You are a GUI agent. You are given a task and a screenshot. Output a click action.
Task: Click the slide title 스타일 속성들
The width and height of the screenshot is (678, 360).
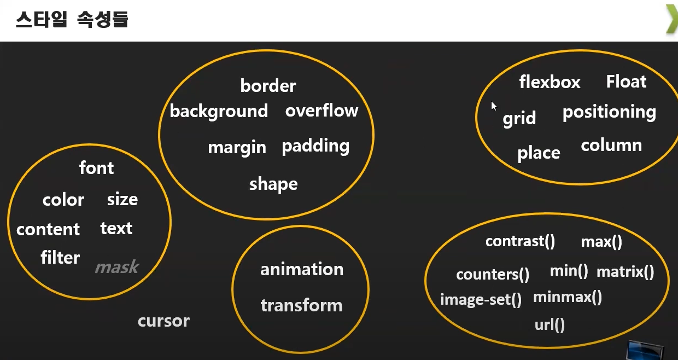coord(72,20)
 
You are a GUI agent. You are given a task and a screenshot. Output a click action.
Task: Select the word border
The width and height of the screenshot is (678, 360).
coord(268,86)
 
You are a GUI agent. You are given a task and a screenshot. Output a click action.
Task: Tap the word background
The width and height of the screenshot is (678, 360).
coord(219,111)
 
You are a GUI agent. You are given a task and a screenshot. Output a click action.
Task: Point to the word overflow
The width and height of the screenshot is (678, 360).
coord(322,111)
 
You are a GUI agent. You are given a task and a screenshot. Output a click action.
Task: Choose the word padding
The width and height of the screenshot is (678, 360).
coord(315,147)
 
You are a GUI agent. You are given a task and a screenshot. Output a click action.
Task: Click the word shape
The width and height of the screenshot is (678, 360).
coord(273,184)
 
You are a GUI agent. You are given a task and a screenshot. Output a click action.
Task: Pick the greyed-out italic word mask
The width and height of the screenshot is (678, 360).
coord(117,267)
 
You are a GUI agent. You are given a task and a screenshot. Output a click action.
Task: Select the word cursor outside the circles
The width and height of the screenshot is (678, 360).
coord(163,321)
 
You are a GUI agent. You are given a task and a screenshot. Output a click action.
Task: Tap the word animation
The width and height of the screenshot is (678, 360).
coord(302,269)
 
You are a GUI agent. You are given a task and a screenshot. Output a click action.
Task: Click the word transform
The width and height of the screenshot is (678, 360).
coord(301,305)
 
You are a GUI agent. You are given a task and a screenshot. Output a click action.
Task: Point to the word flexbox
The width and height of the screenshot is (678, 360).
coord(550,82)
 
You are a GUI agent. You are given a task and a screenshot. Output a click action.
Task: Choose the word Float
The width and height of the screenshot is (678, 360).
coord(626,82)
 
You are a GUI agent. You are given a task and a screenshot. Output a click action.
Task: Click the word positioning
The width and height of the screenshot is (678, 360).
coord(609,112)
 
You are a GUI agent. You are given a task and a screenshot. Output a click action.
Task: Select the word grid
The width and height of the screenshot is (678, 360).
coord(519,119)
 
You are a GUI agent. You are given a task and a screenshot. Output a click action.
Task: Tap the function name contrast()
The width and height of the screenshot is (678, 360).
coord(520,241)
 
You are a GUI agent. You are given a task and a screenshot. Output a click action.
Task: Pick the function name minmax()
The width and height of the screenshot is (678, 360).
coord(568,297)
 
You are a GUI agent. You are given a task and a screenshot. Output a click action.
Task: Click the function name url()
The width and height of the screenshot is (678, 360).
coord(550,326)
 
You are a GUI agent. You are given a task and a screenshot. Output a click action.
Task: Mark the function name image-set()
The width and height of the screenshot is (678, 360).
coord(481,300)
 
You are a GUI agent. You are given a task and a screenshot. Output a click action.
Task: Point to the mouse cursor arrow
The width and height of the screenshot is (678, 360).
coord(494,106)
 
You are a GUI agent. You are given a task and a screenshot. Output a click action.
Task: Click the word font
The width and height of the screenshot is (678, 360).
coord(96,167)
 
